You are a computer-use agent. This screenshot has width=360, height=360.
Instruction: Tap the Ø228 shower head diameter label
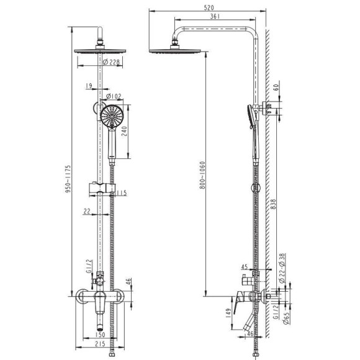coord(111,61)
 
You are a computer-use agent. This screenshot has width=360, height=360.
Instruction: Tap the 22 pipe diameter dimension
coord(86,212)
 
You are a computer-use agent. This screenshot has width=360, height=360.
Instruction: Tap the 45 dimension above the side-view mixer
coord(245,266)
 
